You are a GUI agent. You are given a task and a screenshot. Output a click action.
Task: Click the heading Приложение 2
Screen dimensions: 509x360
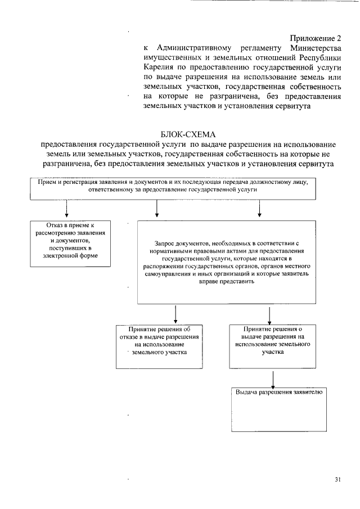coord(316,38)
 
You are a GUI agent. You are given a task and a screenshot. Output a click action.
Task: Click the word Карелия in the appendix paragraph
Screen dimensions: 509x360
coord(157,67)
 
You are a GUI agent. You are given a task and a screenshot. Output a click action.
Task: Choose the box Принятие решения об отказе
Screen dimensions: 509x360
coord(160,346)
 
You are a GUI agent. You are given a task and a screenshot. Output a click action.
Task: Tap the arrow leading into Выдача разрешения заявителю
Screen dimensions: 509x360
coord(273,377)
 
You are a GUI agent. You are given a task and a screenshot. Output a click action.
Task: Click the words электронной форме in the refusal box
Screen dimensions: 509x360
coord(69,255)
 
